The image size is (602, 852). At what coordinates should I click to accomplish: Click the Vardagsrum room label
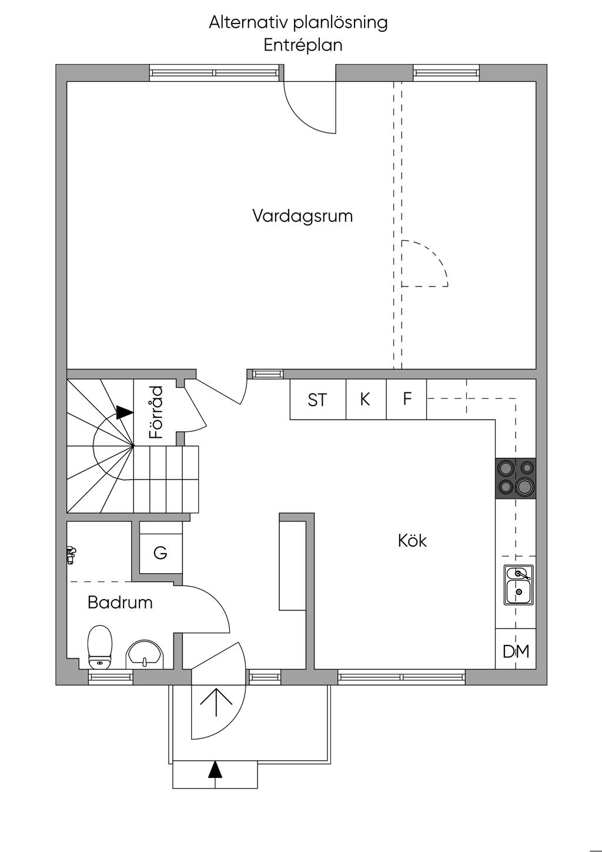pos(302,216)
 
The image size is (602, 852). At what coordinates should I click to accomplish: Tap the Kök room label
pos(412,541)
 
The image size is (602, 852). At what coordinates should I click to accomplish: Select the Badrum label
pos(120,603)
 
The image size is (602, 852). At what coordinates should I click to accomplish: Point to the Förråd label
pos(156,412)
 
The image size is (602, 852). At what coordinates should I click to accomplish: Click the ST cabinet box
pos(317,400)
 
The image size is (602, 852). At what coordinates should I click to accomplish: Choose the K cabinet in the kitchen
pos(365,400)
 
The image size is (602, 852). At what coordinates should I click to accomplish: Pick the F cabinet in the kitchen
pos(407,400)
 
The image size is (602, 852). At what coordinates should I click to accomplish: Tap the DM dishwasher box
pos(516,651)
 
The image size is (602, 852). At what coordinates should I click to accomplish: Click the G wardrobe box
pos(160,553)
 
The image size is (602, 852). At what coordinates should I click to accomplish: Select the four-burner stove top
pos(516,478)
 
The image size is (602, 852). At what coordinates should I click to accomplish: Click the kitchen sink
pos(518,584)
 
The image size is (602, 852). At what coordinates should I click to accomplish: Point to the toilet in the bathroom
pos(100,647)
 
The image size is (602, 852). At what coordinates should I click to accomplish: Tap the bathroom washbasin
pos(145,654)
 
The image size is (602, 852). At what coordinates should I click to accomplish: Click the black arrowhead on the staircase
pos(124,412)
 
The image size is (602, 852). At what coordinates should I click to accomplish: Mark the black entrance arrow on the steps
pos(216,769)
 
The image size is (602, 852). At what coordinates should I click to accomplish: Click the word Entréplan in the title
pos(303,45)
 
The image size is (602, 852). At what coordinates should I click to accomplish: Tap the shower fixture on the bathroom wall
pos(71,555)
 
